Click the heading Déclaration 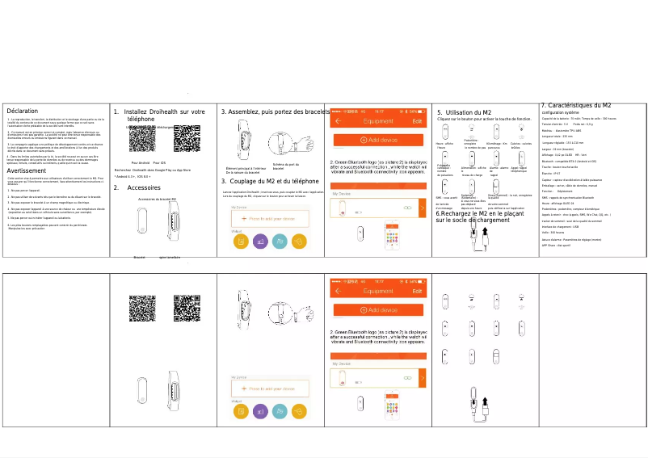click(22, 111)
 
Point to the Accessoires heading click(145, 165)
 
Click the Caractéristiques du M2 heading click(580, 106)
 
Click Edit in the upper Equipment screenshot click(417, 120)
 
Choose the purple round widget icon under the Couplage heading click(260, 241)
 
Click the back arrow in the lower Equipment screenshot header click(338, 291)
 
